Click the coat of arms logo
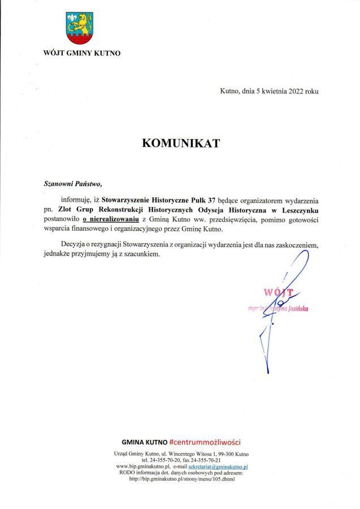click(x=80, y=29)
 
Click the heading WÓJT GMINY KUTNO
click(x=81, y=54)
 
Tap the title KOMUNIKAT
click(x=180, y=143)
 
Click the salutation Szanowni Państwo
click(x=73, y=183)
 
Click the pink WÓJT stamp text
click(x=278, y=292)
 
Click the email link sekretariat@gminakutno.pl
click(x=218, y=467)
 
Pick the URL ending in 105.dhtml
click(x=181, y=479)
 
